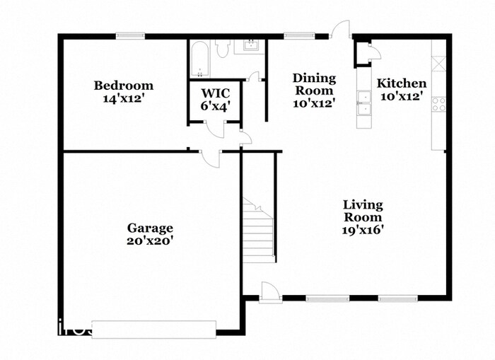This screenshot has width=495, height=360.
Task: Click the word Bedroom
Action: coord(124,86)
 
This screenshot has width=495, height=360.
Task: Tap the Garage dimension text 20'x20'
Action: coord(150,240)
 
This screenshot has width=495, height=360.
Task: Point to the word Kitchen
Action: coord(401,83)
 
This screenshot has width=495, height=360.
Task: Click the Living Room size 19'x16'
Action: coord(363,229)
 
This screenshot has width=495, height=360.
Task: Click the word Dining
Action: coord(314,78)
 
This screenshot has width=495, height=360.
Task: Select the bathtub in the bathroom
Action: coord(199,60)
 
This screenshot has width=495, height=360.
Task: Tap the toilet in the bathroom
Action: coord(223,48)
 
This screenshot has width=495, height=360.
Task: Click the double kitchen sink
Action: coord(363,103)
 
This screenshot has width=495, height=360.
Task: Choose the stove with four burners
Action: coord(439,105)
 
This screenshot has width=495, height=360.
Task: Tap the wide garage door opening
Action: coord(153,329)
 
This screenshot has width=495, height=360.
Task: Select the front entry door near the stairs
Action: coord(269,291)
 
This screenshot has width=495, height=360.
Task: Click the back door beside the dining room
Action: coord(342,30)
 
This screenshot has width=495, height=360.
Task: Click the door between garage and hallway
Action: coord(210,158)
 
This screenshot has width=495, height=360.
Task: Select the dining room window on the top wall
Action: coord(295,35)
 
